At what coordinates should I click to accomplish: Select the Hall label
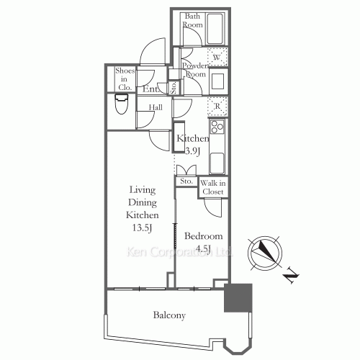(x=155, y=108)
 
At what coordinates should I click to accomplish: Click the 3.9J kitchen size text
(x=193, y=151)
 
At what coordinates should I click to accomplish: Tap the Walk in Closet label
(x=213, y=187)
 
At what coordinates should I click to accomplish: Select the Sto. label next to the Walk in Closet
(x=186, y=181)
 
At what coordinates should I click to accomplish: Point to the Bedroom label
(x=203, y=236)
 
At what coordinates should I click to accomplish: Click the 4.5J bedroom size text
(x=203, y=250)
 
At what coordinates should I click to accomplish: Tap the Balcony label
(x=169, y=315)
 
